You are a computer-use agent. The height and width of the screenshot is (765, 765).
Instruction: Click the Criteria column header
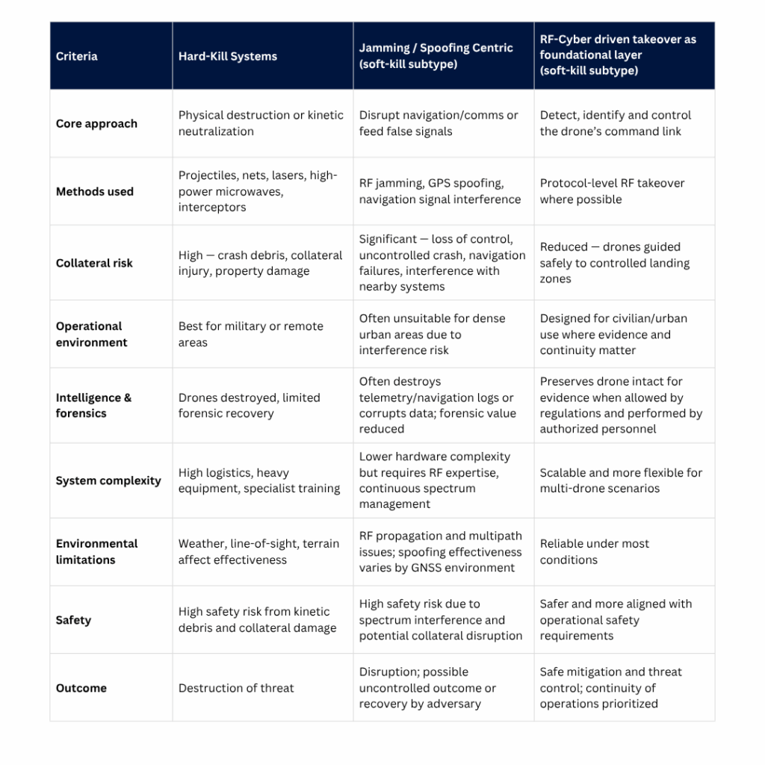(x=77, y=56)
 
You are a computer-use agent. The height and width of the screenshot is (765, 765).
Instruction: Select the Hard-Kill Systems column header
(x=227, y=56)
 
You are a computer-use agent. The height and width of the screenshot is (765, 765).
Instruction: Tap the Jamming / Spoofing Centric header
(x=436, y=56)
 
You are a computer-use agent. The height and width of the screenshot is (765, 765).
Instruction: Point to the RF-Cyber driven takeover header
(x=617, y=55)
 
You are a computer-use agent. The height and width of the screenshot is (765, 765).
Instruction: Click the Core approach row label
(x=96, y=123)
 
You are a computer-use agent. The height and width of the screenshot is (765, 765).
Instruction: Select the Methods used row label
(x=95, y=191)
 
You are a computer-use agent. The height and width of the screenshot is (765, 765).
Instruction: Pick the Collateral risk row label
(x=94, y=263)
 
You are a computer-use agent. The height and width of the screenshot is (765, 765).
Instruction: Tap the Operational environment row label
(x=92, y=334)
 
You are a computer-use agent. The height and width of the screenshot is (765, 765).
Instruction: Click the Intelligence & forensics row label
(x=93, y=405)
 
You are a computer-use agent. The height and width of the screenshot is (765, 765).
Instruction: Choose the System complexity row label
(x=108, y=480)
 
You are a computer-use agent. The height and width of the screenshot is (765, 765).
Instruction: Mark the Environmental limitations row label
(x=96, y=551)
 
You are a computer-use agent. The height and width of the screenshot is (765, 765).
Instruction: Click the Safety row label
(x=73, y=620)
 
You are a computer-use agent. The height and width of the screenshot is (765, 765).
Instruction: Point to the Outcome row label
(x=81, y=688)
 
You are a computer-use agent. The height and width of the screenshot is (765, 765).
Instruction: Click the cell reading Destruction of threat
(x=236, y=688)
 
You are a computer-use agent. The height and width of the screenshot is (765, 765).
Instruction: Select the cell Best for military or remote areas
(x=250, y=334)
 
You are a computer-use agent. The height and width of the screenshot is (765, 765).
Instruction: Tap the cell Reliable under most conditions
(x=594, y=551)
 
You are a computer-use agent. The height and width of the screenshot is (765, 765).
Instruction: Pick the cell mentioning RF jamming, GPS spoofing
(x=439, y=191)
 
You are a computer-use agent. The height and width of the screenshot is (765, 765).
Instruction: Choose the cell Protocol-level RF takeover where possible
(x=612, y=191)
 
